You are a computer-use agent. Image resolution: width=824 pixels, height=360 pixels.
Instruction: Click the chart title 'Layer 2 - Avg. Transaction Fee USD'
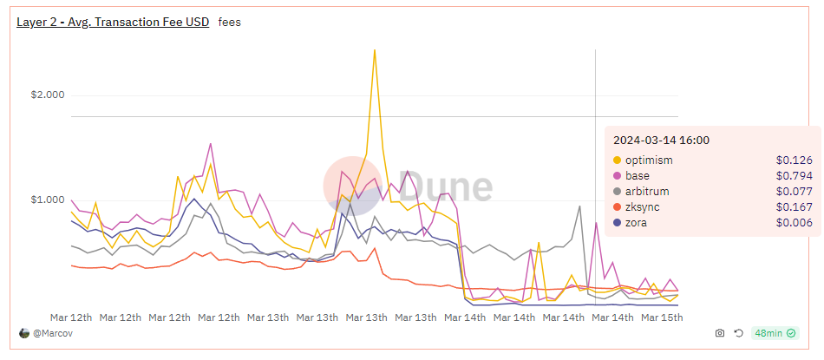pos(113,22)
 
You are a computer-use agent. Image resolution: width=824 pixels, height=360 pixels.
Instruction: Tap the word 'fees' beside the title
pos(230,23)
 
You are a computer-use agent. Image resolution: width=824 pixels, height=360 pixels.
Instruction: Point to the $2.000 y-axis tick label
pos(48,95)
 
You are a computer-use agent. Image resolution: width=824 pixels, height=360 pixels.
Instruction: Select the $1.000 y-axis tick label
pos(48,200)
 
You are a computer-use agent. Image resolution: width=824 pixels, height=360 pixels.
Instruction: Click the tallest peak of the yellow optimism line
pos(374,50)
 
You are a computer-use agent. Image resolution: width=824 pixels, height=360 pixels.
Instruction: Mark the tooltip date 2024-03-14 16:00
pos(661,141)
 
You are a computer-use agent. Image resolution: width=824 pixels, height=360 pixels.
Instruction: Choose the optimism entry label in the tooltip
pos(649,160)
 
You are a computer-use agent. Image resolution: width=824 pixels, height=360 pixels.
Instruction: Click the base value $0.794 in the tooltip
pos(794,175)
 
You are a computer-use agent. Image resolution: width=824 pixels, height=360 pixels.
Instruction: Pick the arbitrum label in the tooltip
pos(647,192)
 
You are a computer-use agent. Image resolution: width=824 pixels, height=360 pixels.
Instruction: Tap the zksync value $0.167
pos(794,207)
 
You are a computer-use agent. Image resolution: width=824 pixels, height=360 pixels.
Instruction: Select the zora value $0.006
pos(794,223)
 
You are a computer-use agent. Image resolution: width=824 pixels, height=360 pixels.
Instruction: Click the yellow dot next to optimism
pos(617,160)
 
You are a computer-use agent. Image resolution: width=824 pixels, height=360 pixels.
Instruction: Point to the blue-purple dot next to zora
pos(617,223)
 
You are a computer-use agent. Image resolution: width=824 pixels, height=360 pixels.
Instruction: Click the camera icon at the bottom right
pos(720,333)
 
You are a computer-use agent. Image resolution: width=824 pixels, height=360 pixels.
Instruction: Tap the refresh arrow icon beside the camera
pos(738,333)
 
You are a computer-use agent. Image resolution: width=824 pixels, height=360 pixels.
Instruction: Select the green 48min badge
pos(775,333)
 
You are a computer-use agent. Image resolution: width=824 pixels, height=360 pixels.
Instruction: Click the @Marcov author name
pos(51,333)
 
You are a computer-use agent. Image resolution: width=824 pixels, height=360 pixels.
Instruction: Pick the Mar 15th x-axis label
pos(662,317)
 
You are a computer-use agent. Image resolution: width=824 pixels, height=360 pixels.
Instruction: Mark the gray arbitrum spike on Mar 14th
pos(579,206)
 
